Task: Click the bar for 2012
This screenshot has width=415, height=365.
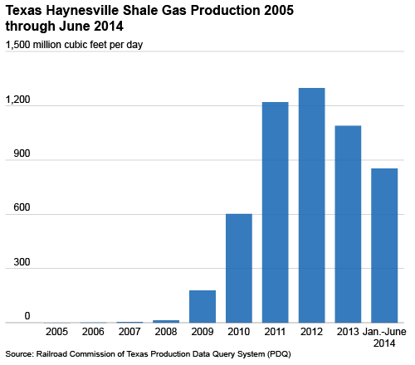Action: [x=311, y=205]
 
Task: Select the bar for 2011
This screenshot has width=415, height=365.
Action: [x=276, y=212]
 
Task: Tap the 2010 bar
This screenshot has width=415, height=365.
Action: [x=239, y=268]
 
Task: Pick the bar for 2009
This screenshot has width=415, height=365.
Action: [x=203, y=306]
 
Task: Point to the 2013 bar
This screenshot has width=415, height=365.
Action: [x=348, y=224]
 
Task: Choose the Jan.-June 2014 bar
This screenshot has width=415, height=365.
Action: [x=384, y=246]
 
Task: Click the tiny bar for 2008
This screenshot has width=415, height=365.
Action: [x=166, y=321]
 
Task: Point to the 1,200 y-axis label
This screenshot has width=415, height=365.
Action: [x=18, y=100]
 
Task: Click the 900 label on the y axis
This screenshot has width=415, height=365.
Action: [x=22, y=153]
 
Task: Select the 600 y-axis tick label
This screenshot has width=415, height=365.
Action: [x=22, y=207]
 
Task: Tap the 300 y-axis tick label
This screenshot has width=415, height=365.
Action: [x=22, y=262]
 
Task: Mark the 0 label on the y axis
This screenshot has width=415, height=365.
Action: [x=27, y=316]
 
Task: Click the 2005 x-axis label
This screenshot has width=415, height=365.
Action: [x=56, y=332]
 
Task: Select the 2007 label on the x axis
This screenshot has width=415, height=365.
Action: [x=129, y=332]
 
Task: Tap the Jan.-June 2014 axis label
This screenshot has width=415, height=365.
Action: [x=384, y=338]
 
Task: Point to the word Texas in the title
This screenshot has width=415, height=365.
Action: [x=24, y=11]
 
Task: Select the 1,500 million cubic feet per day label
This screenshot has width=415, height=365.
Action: [x=74, y=45]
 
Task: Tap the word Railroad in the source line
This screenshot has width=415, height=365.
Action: [x=52, y=354]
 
